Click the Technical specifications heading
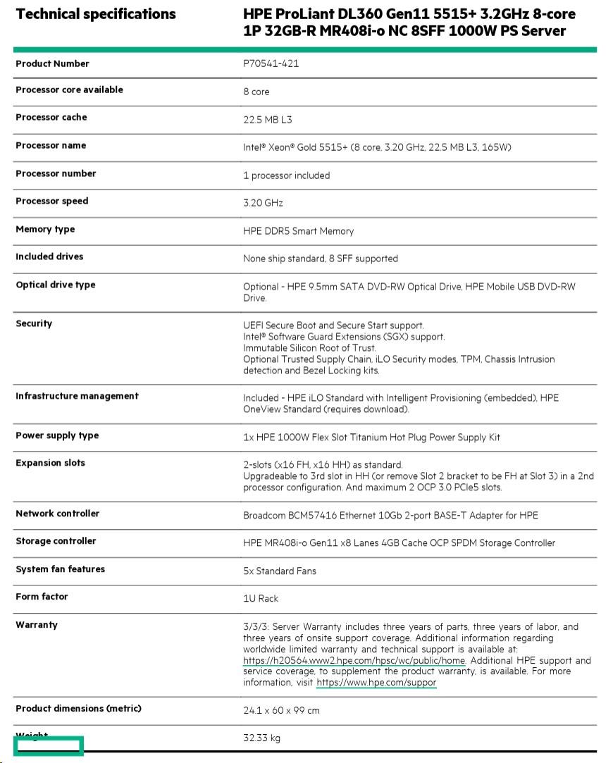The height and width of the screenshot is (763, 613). coord(96,14)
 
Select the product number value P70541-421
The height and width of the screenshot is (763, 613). coord(271,63)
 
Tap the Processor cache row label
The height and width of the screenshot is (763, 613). coord(51,118)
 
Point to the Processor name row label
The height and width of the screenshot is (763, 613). coord(51,146)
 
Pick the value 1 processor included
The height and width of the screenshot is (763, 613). coord(286,175)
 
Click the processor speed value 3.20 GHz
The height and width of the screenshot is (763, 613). coord(263,203)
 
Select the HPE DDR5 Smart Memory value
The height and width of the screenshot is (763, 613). coord(299,231)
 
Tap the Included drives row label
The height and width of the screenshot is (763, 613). coord(49,257)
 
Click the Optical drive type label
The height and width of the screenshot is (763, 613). coord(56,285)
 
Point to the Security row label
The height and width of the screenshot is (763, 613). coord(34,324)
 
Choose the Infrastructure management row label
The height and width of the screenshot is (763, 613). coord(77,397)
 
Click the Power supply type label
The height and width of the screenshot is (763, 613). coord(57,436)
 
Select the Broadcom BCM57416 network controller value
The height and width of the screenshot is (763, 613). coord(390,516)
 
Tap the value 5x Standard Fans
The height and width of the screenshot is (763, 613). coord(280,571)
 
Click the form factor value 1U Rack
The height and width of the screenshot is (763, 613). coord(261,598)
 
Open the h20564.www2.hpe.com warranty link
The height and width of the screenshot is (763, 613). coord(354,661)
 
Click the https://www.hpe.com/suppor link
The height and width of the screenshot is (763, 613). coord(376,683)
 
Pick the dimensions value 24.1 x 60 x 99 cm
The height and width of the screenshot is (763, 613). coord(281,710)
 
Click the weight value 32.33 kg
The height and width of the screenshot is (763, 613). coord(262,738)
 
